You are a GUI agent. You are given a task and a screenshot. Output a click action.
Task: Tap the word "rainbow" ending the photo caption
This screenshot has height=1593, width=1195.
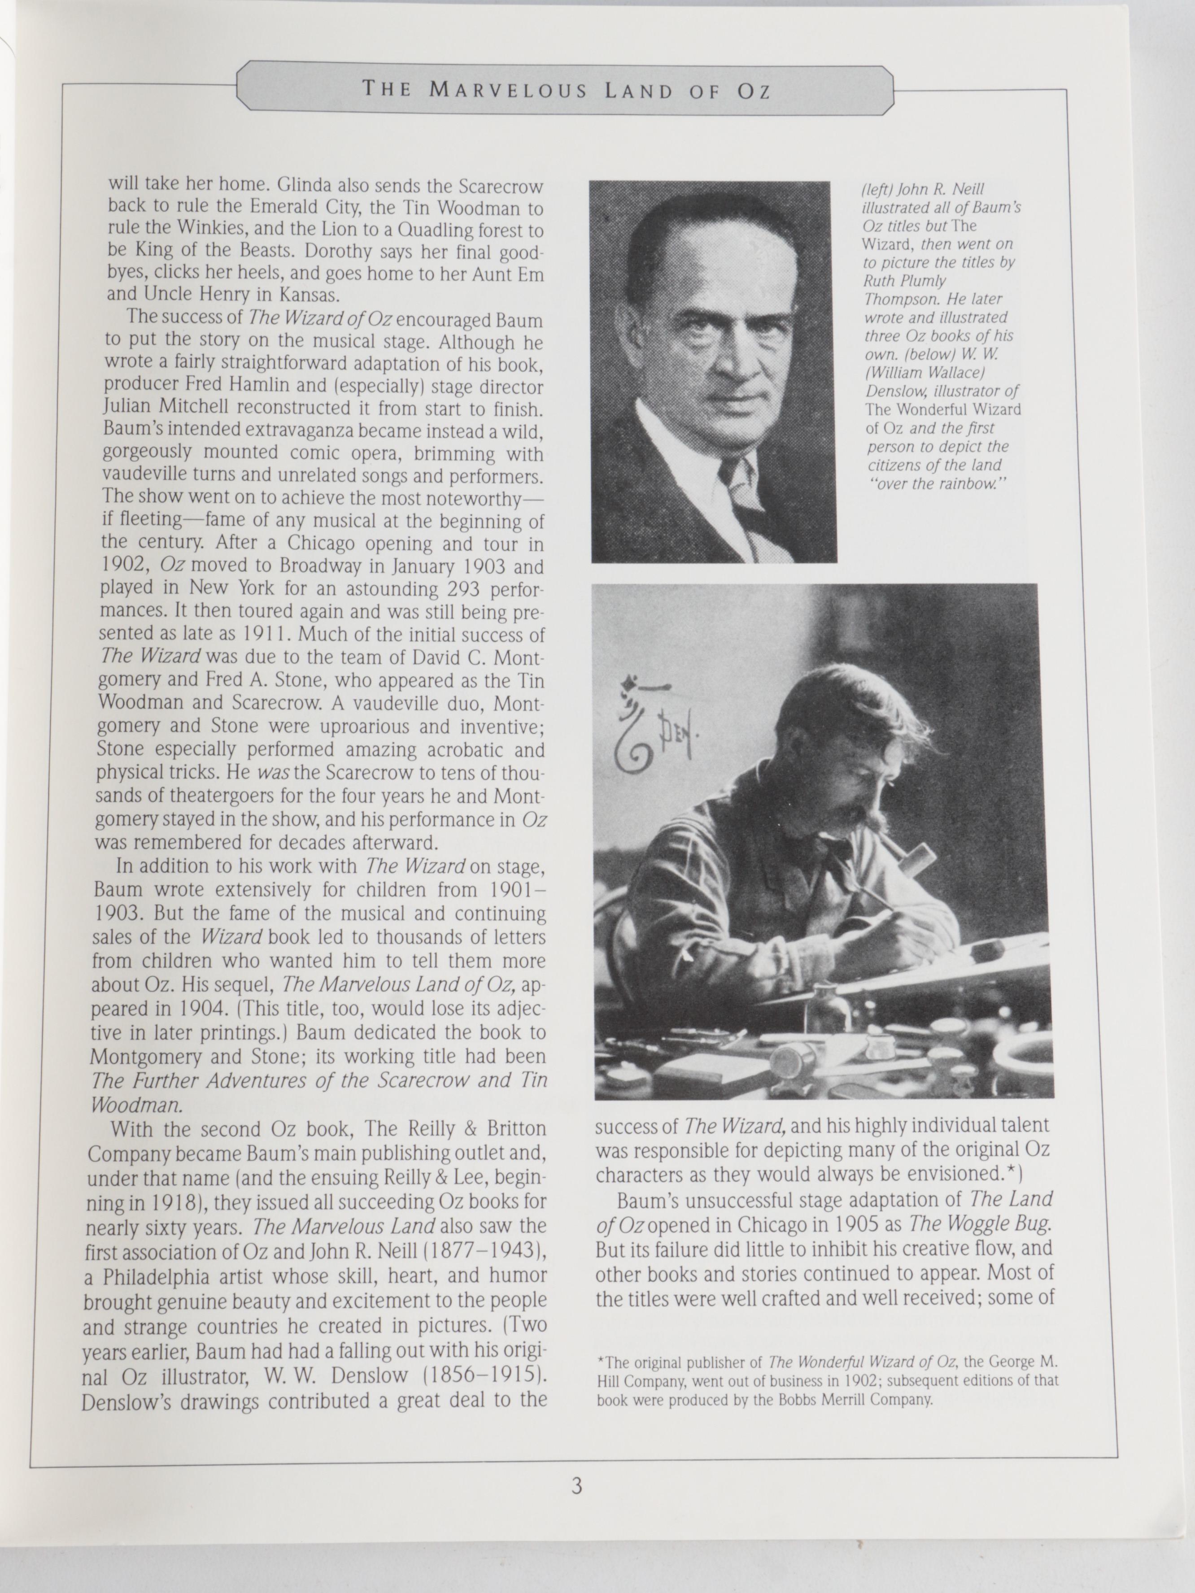pyautogui.click(x=973, y=484)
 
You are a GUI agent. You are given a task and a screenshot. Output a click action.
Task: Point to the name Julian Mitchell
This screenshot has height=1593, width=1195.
pyautogui.click(x=166, y=408)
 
